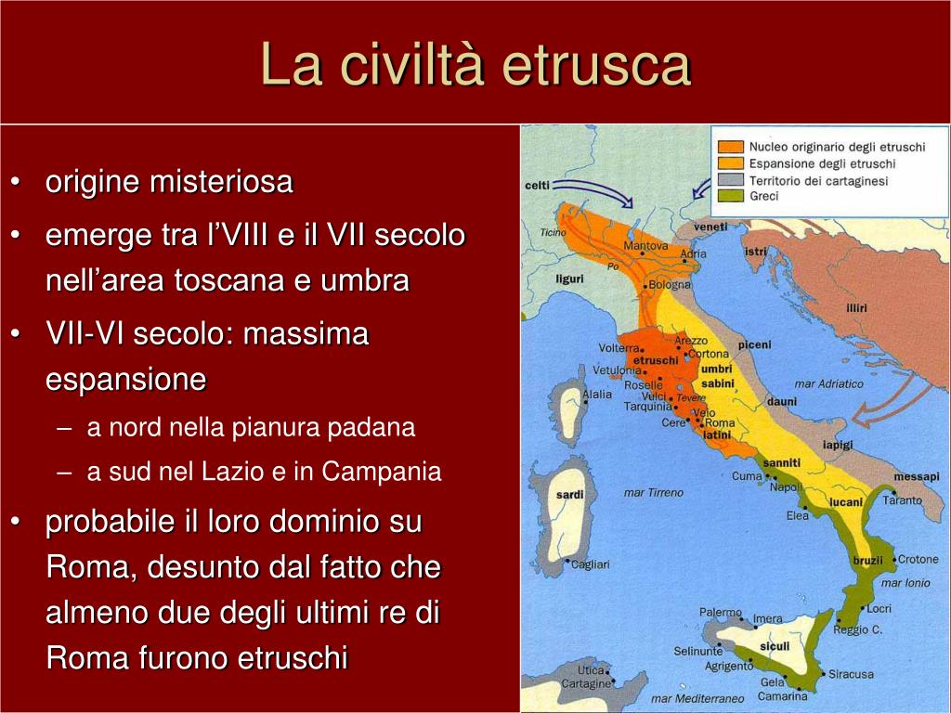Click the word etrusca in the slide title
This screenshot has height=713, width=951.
597,65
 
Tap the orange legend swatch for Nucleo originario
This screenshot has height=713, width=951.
730,147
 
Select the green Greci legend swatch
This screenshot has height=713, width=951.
730,196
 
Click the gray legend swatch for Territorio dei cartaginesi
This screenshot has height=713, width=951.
730,180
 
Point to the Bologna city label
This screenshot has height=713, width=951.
670,284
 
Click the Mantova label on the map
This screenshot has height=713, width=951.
645,245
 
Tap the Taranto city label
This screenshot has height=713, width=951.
902,500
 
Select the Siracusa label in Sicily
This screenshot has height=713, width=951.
851,674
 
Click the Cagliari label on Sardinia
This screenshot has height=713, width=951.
590,564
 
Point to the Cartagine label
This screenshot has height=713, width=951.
586,683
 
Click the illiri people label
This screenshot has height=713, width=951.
856,308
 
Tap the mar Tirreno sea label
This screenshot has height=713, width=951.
653,493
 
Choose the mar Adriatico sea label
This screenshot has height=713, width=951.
828,383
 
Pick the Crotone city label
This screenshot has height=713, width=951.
918,559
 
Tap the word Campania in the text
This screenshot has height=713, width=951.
381,472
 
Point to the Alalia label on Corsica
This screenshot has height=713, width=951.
597,394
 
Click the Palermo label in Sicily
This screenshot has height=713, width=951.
721,613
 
